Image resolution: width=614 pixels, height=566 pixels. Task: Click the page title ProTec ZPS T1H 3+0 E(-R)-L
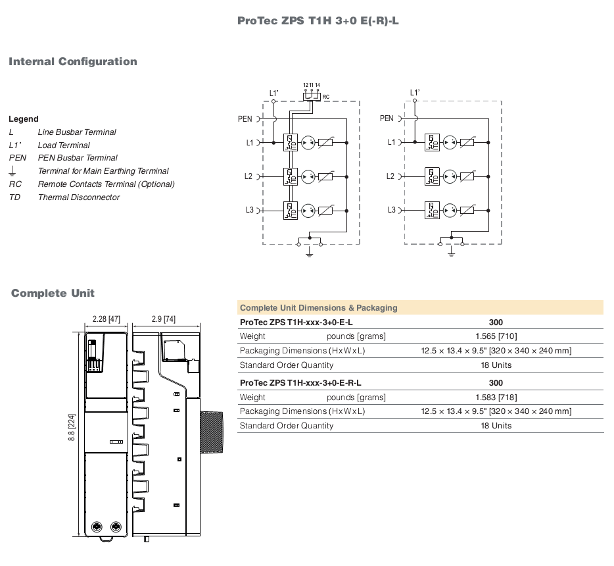[318, 21]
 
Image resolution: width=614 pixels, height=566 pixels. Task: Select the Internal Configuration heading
[73, 62]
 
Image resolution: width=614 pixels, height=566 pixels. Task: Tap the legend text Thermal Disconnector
[79, 197]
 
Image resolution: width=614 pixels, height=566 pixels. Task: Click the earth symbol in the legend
[12, 170]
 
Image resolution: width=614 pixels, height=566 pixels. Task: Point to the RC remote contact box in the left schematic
[312, 96]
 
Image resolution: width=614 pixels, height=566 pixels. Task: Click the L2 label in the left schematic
[248, 176]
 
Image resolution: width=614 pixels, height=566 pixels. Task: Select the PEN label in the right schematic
[387, 118]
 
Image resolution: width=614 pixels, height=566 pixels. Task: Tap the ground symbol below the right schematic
[451, 252]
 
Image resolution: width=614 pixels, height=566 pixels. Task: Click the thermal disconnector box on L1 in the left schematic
[290, 143]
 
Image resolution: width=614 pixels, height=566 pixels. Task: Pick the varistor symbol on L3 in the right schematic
[467, 211]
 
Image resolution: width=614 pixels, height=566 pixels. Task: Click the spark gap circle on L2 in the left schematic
[308, 177]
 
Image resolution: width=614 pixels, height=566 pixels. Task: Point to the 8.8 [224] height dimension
[72, 428]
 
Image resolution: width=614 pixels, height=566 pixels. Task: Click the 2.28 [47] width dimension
[106, 319]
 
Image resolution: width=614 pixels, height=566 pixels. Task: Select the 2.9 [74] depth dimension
[164, 319]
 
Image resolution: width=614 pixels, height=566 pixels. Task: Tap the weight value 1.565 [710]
[496, 336]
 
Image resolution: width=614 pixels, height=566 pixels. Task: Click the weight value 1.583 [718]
[496, 398]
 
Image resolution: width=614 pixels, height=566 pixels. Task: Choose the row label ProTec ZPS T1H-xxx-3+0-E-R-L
[300, 383]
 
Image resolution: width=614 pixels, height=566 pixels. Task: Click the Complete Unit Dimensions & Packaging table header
[319, 308]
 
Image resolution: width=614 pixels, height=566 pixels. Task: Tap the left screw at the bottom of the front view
[97, 527]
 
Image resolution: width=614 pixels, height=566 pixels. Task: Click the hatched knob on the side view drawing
[212, 432]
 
